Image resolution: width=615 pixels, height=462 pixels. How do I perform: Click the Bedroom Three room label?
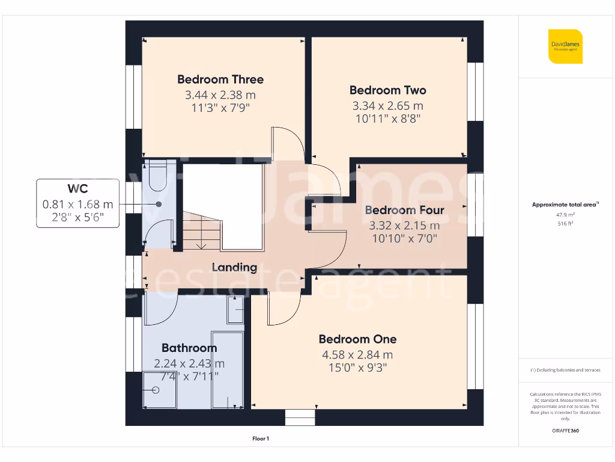pos(220,79)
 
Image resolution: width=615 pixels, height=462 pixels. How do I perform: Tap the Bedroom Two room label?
pos(387,90)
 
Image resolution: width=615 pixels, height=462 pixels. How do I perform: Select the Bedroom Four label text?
pos(404,210)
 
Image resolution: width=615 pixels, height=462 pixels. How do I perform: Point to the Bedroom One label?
pos(357,339)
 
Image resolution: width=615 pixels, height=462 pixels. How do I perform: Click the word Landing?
pos(234,268)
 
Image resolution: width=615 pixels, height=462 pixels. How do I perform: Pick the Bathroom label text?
pos(189,348)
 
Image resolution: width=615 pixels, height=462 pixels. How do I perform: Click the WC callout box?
pos(77,203)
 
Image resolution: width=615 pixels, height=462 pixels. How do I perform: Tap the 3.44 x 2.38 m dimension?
pos(220,95)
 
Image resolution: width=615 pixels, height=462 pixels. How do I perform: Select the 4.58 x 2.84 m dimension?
pos(357,355)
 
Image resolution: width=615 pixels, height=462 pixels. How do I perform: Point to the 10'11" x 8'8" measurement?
pos(387,119)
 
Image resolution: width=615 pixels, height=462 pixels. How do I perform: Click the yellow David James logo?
pos(565,46)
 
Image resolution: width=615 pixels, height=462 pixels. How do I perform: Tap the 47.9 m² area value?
pos(565,214)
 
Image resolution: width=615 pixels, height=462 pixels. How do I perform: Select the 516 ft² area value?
pos(565,223)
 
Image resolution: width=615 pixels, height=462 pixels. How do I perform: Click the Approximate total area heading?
pos(565,205)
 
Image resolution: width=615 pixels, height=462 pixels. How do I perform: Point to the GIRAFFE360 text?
pos(565,431)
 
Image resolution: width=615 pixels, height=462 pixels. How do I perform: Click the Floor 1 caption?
pos(261,439)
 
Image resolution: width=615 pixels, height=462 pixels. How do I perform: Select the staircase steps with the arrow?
pos(201,235)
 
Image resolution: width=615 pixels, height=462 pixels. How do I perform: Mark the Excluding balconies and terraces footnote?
pos(565,370)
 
